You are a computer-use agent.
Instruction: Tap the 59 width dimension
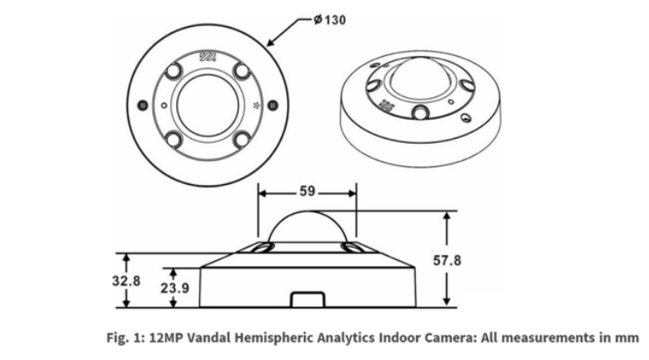tap(307, 190)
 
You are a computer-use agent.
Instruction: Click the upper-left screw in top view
tap(174, 69)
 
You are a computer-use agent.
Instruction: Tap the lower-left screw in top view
tap(174, 138)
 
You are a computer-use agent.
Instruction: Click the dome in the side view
tap(307, 226)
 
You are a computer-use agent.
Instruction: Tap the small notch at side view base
tap(307, 300)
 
